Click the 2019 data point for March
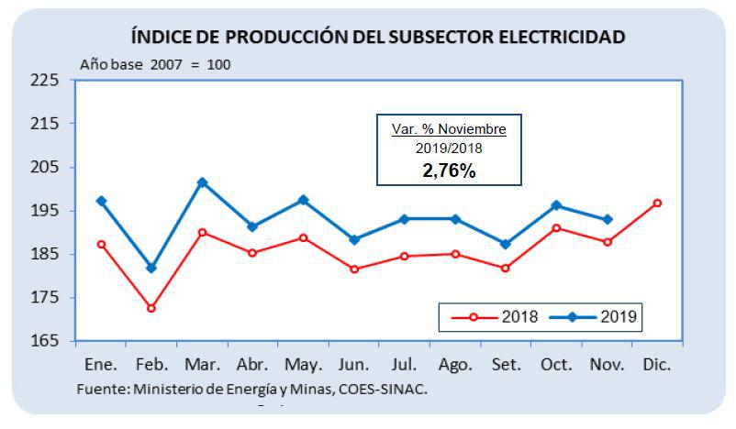coord(202,182)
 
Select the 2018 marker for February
coord(151,308)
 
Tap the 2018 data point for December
coord(657,203)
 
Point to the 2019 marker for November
coord(607,219)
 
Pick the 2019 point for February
coord(151,268)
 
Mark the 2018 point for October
coord(556,227)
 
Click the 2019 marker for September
coord(506,244)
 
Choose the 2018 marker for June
coord(354,269)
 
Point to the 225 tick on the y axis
coord(45,80)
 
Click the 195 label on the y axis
coord(45,211)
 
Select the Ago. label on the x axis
coord(455,365)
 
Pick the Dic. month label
coord(657,365)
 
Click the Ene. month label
coord(101,365)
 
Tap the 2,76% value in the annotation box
coord(449,170)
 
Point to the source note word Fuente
coord(102,388)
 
